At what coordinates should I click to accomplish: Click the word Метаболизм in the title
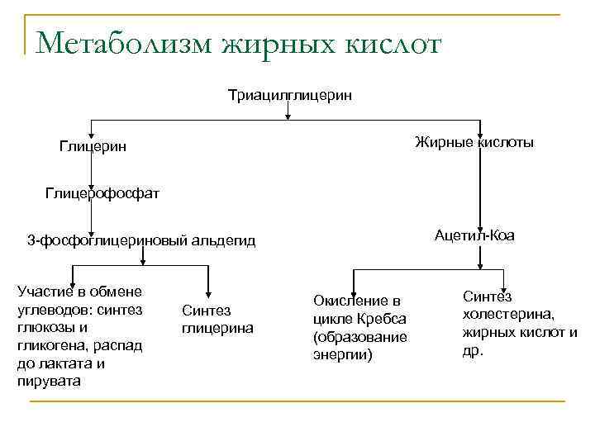[x=125, y=43]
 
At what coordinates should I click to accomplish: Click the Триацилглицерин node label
[x=290, y=96]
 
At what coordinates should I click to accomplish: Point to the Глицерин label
[x=93, y=146]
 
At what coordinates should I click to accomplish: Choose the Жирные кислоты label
[x=474, y=143]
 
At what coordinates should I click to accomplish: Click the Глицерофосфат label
[x=102, y=193]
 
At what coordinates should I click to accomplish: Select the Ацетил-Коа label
[x=474, y=235]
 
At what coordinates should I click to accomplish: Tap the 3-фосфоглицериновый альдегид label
[x=141, y=241]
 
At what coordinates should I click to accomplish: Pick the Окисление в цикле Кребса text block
[x=359, y=327]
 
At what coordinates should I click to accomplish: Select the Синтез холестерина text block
[x=520, y=323]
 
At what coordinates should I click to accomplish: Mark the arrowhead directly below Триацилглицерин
[x=287, y=116]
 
